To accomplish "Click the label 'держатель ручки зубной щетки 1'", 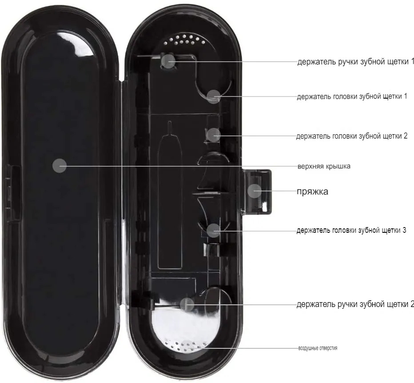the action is point(356,62).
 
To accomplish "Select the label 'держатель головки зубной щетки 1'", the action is point(352,96).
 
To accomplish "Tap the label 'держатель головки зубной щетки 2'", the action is point(352,136).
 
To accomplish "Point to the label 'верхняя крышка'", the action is point(324,167).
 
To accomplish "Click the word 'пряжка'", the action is point(313,191).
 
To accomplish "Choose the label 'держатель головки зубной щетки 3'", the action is point(351,230).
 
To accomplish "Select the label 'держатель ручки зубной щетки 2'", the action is point(355,304).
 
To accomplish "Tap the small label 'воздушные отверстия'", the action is point(318,348).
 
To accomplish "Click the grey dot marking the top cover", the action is point(60,166).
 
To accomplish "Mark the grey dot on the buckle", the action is point(255,191).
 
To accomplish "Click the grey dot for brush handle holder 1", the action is point(168,61).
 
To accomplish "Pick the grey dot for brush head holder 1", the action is point(213,96).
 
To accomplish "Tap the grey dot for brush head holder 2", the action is point(213,135).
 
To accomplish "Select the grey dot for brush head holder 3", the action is point(213,230).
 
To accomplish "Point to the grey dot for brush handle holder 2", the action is point(187,304).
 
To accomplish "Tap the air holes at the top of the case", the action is point(184,40).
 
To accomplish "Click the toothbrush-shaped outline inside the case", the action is point(170,195).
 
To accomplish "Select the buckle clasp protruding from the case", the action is point(256,192).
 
